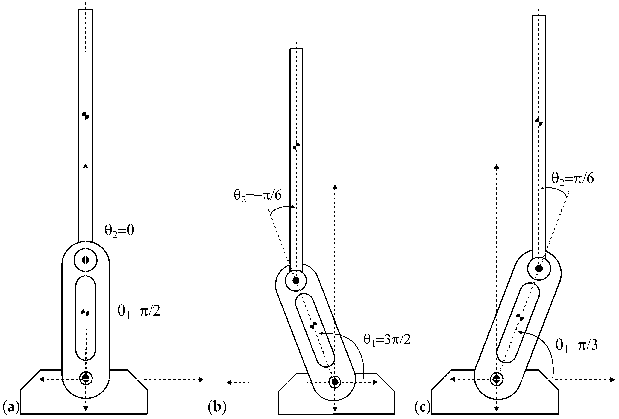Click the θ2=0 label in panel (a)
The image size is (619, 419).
click(x=119, y=231)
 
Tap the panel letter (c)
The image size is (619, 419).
click(x=422, y=407)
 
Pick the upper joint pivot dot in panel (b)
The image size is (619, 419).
click(x=296, y=280)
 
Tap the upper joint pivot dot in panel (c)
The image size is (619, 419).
click(x=539, y=269)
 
